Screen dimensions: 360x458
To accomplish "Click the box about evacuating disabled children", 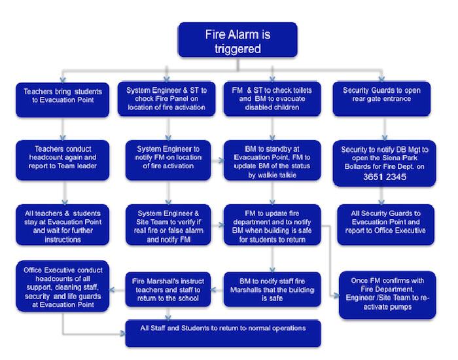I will tap(272, 98).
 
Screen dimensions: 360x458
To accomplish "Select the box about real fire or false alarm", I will tap(169, 224).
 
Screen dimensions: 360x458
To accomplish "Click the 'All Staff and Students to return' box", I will tap(223, 331).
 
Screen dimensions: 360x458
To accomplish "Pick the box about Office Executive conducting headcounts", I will tap(62, 287).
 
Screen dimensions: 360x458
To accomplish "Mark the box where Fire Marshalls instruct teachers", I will tap(169, 289).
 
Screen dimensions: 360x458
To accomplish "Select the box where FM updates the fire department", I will tap(272, 225).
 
